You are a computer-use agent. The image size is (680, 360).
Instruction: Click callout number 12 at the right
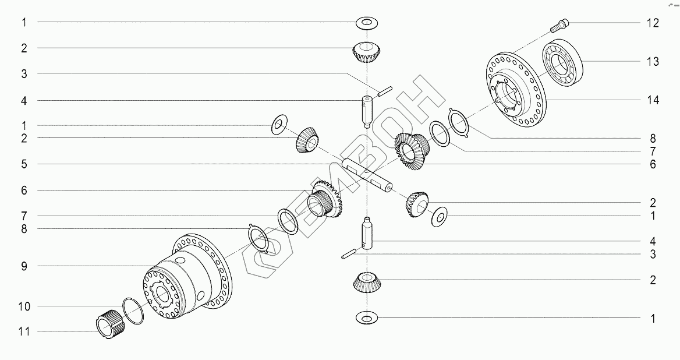(653, 23)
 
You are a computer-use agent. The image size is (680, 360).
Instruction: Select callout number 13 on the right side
(653, 62)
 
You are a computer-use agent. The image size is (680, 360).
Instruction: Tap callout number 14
(653, 100)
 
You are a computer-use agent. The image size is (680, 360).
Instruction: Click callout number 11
(24, 331)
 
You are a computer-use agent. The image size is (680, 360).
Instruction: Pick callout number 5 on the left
(24, 164)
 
